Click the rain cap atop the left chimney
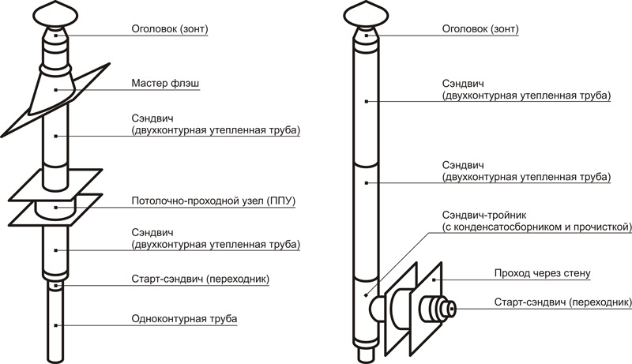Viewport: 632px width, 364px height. click(55, 15)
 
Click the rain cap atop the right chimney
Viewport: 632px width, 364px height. click(366, 15)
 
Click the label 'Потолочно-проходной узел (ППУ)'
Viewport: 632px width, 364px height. click(213, 201)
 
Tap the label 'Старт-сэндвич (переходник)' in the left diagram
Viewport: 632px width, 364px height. click(200, 280)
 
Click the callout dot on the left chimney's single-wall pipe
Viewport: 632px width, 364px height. click(55, 325)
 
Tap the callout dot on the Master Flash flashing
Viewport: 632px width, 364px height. click(55, 89)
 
